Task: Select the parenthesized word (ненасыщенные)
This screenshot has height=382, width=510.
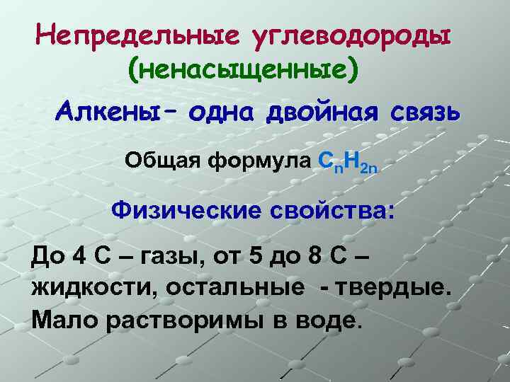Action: (243, 69)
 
